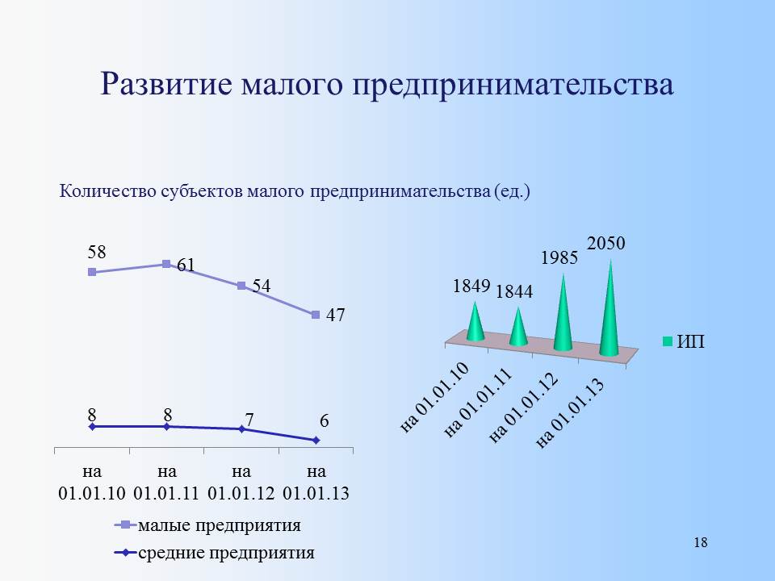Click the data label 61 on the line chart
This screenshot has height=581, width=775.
click(x=186, y=265)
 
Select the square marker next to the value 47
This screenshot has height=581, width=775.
click(x=316, y=315)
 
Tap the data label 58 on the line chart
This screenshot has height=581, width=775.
click(x=97, y=252)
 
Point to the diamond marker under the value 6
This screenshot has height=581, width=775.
click(x=316, y=441)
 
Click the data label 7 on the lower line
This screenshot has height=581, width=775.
click(x=249, y=420)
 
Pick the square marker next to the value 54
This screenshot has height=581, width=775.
click(x=241, y=286)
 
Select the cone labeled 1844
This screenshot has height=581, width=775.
click(x=518, y=327)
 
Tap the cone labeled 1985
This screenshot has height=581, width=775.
click(x=563, y=314)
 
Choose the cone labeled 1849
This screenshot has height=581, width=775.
click(x=475, y=322)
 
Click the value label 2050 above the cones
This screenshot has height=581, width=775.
click(x=606, y=243)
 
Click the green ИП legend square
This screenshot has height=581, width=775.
click(x=668, y=341)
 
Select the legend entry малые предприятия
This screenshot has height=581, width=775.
click(x=207, y=525)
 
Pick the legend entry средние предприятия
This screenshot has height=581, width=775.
click(x=215, y=552)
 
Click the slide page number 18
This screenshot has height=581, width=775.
click(x=701, y=542)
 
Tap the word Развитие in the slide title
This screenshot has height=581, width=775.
click(x=166, y=83)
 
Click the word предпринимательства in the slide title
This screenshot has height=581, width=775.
click(x=513, y=85)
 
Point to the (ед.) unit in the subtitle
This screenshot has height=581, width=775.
click(x=512, y=191)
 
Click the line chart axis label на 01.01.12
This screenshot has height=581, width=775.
click(x=241, y=483)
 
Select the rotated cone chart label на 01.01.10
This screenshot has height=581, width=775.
click(x=434, y=398)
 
